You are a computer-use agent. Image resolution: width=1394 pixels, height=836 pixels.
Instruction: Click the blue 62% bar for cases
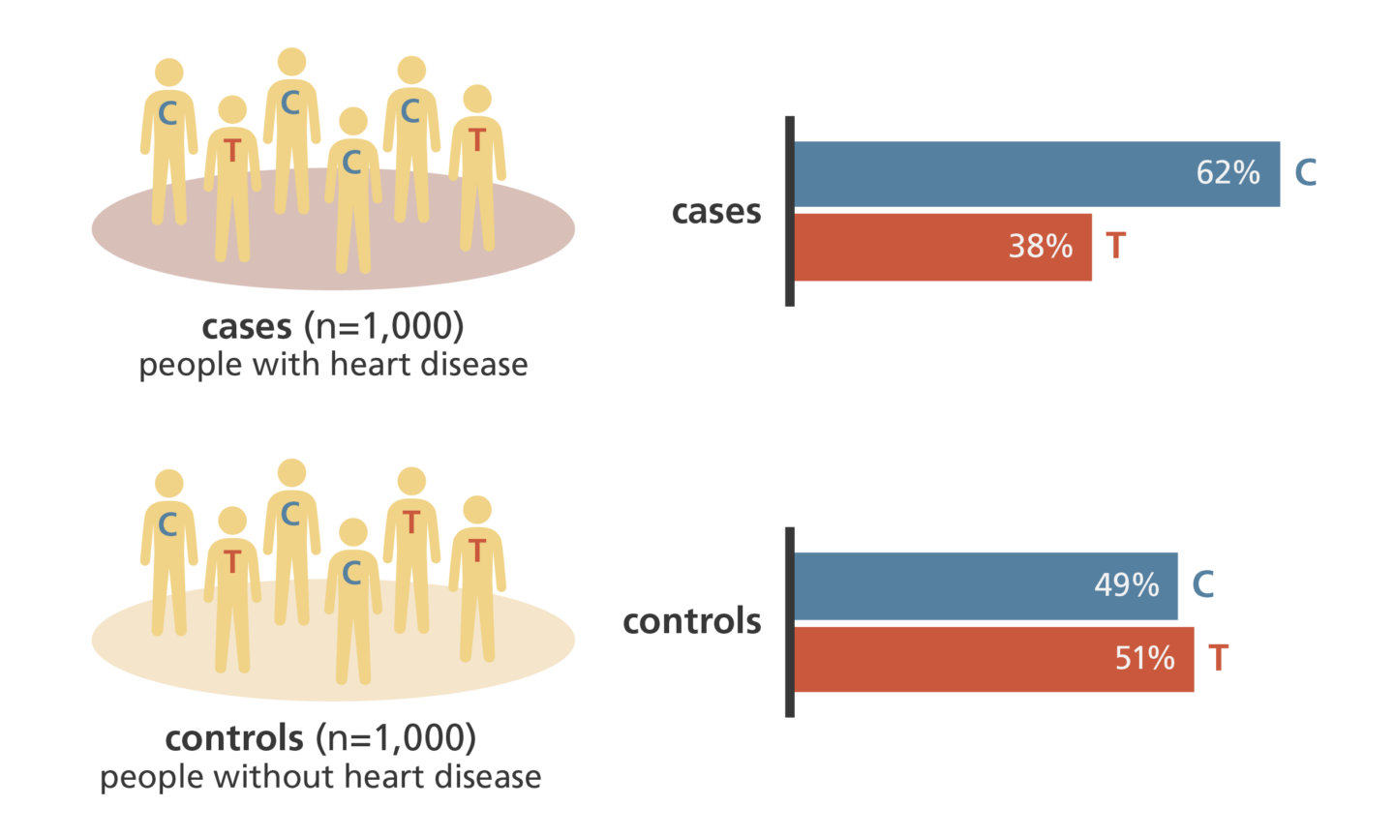(987, 174)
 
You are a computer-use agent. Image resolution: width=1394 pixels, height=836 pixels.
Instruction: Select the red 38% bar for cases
(900, 248)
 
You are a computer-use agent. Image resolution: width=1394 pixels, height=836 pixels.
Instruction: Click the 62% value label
(1227, 173)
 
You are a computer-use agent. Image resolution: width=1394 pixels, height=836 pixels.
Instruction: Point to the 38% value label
(1041, 247)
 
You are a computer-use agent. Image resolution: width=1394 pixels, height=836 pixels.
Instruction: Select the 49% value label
(1126, 585)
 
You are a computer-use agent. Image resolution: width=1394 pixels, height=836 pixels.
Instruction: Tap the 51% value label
(1144, 659)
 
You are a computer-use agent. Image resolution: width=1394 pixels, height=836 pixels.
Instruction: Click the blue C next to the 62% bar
(1306, 173)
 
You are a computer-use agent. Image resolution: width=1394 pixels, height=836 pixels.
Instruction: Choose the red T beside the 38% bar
(1116, 246)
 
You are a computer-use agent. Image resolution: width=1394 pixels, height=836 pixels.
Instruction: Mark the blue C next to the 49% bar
(1203, 584)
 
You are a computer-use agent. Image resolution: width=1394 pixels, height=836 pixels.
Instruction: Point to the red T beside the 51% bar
(1218, 659)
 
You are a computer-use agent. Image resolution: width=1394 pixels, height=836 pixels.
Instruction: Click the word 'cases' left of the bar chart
(716, 212)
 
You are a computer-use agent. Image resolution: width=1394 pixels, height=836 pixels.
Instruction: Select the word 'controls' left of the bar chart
(691, 621)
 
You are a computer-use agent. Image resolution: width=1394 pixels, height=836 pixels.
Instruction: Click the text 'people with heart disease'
(333, 366)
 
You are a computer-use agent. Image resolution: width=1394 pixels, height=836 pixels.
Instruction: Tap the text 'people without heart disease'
(320, 778)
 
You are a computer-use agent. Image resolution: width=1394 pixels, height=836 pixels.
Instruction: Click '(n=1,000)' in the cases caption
(383, 327)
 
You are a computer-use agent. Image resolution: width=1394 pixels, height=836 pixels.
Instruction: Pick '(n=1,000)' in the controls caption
(395, 739)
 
